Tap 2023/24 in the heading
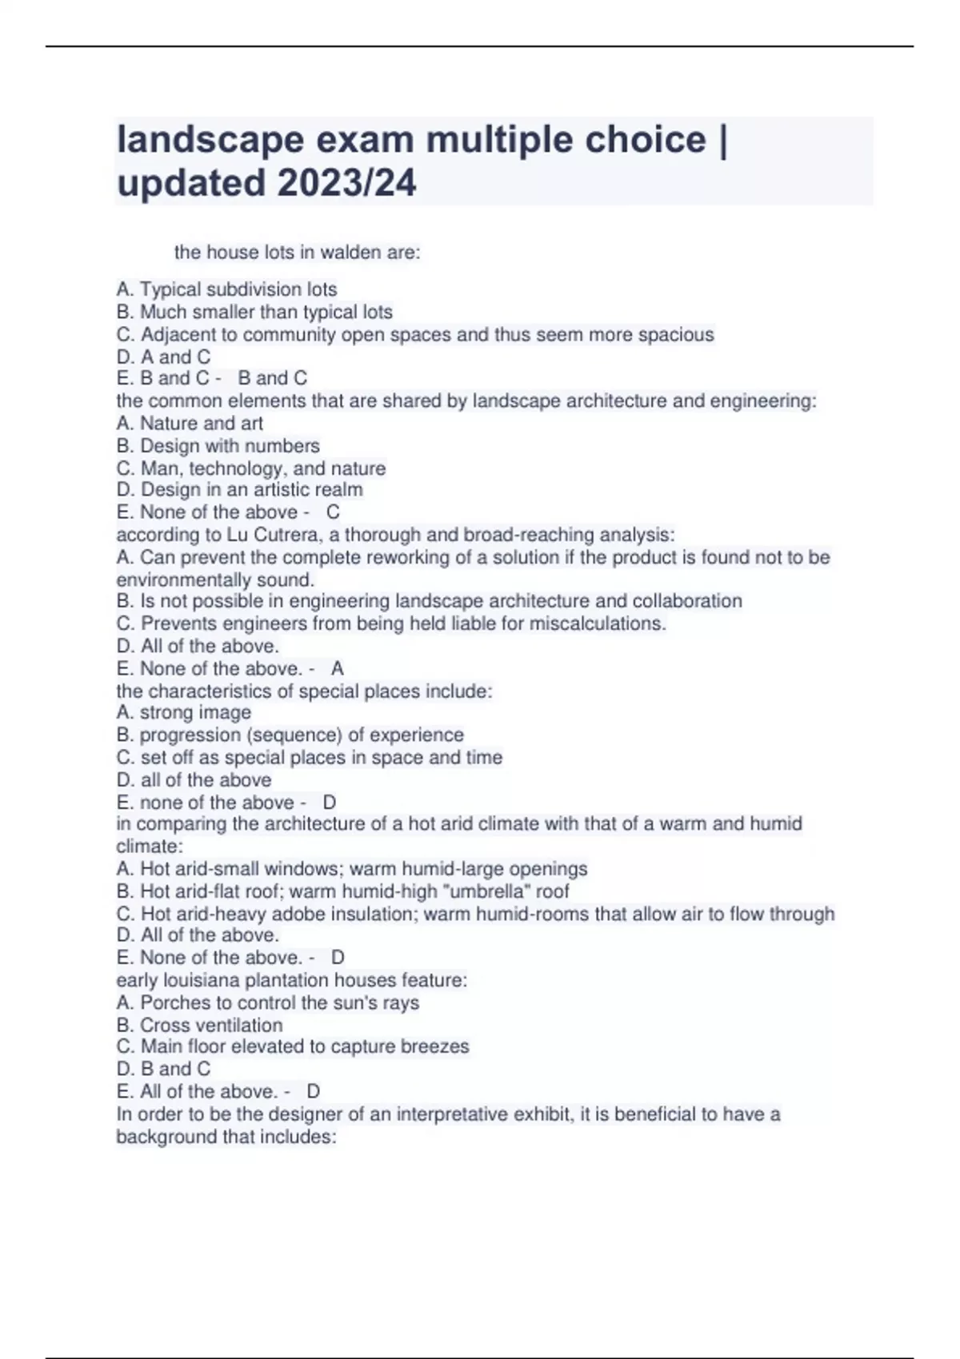(346, 183)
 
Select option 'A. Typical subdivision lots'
(226, 289)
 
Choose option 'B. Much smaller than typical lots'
(254, 312)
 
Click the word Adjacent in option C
(186, 334)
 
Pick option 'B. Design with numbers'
(218, 445)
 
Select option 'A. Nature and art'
(190, 423)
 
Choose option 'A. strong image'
(183, 712)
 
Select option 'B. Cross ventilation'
(199, 1025)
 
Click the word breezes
(435, 1046)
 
